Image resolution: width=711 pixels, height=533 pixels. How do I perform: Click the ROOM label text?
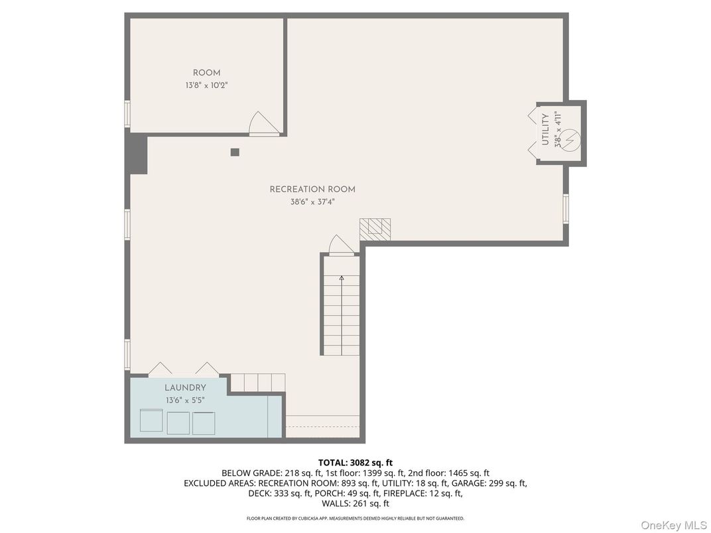(x=206, y=73)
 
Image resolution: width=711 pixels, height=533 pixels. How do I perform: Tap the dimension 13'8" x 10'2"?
(x=206, y=86)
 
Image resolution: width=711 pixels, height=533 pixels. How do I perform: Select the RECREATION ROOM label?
(x=312, y=190)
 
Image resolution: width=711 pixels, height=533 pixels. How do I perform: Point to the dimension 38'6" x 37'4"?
(x=312, y=202)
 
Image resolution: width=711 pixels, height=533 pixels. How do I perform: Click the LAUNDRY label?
(x=185, y=388)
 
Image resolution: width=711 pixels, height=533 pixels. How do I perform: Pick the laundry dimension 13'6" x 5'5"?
(x=185, y=400)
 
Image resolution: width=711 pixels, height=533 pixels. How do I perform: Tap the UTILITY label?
(x=545, y=129)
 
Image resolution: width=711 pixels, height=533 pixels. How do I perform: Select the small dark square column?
(x=235, y=152)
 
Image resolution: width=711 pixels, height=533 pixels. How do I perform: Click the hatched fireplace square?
(x=375, y=229)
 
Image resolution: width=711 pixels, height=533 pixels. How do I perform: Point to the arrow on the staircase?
(x=342, y=280)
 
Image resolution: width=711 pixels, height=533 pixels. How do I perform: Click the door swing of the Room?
(x=262, y=124)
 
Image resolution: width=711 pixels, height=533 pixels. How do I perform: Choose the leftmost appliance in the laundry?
(x=151, y=422)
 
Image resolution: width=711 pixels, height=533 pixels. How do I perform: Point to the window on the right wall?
(x=566, y=207)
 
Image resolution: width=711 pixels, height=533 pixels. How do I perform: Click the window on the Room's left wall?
(x=127, y=113)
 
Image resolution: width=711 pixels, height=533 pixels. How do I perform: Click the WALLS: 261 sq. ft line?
(x=355, y=504)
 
